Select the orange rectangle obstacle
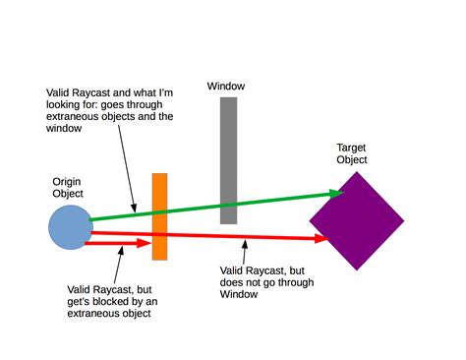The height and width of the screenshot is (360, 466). [159, 216]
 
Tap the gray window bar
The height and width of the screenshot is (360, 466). [228, 160]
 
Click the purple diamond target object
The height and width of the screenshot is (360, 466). [356, 220]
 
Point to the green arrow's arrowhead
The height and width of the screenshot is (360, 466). [339, 193]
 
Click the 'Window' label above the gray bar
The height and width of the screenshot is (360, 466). [226, 86]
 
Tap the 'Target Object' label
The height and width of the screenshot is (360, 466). [352, 153]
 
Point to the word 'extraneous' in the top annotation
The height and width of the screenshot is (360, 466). [72, 118]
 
